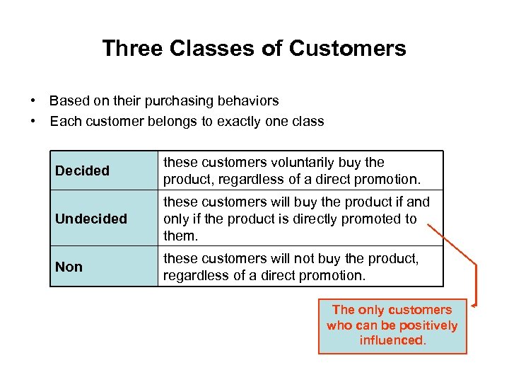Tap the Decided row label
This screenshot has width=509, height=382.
tap(82, 170)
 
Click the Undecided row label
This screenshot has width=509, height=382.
tap(91, 219)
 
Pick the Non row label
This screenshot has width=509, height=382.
tap(69, 267)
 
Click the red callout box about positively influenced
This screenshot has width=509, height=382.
tap(392, 325)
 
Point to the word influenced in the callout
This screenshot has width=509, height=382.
tap(392, 340)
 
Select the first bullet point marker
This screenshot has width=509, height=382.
tap(33, 100)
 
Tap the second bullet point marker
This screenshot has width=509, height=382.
tap(33, 121)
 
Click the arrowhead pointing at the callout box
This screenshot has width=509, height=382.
tap(472, 305)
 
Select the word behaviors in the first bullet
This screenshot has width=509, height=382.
tap(243, 100)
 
